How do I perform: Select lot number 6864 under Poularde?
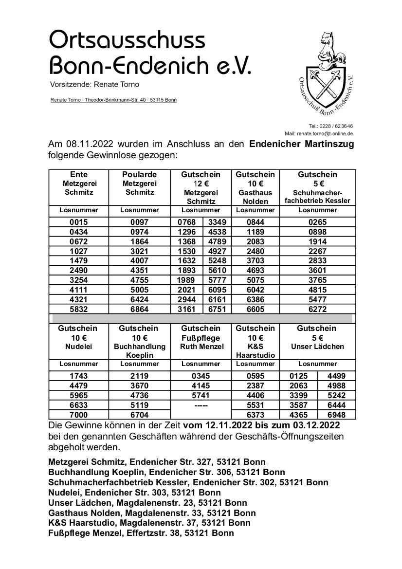(x=140, y=309)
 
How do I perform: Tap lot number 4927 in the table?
(x=215, y=252)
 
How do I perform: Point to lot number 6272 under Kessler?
(x=317, y=309)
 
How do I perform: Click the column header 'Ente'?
(x=78, y=174)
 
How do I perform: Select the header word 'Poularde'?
(x=140, y=174)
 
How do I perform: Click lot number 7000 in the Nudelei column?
(x=78, y=414)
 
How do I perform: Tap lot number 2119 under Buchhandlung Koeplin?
(x=140, y=376)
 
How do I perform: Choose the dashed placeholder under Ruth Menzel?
(x=201, y=404)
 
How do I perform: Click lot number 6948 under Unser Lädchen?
(x=336, y=414)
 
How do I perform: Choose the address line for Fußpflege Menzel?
(x=141, y=532)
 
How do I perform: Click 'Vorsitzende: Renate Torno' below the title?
(x=94, y=85)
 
